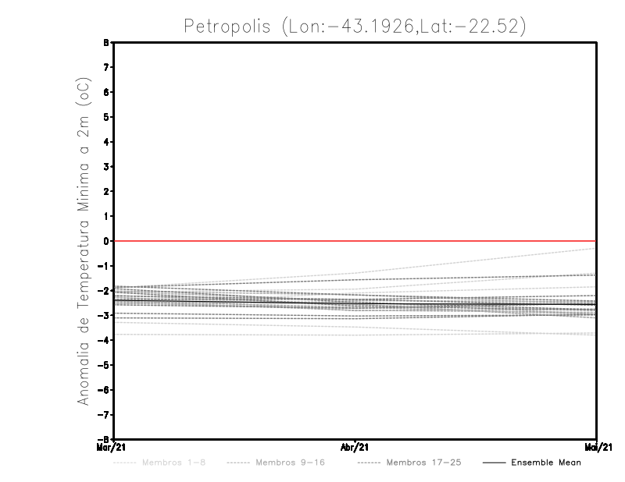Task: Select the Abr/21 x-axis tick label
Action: pyautogui.click(x=355, y=447)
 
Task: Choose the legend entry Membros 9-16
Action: pyautogui.click(x=290, y=463)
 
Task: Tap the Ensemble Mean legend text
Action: pyautogui.click(x=546, y=463)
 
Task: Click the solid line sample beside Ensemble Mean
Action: pyautogui.click(x=493, y=463)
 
